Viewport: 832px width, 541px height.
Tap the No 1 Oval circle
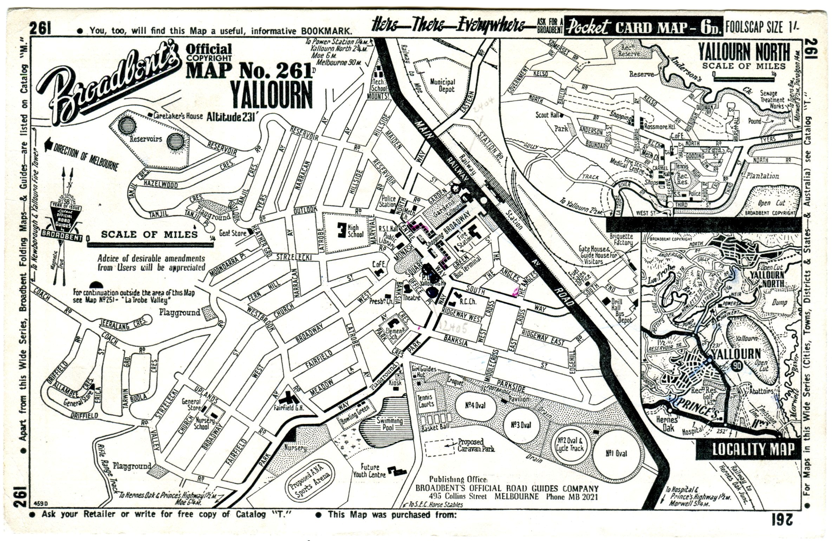pyautogui.click(x=616, y=453)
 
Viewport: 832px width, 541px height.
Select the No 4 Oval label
pyautogui.click(x=475, y=405)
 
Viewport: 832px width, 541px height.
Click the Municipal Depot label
pyautogui.click(x=442, y=85)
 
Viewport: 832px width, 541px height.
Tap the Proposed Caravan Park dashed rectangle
pyautogui.click(x=439, y=447)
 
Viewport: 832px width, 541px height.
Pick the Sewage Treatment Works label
pyautogui.click(x=772, y=99)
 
